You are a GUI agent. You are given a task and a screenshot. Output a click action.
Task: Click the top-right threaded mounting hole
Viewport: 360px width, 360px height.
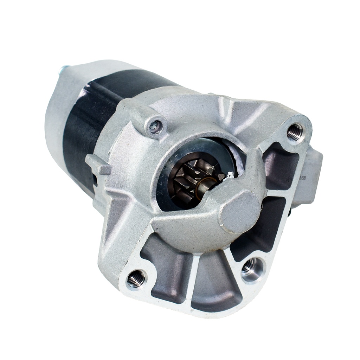click(x=295, y=132)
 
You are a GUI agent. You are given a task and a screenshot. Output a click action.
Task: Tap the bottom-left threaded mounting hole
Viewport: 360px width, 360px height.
click(x=136, y=279)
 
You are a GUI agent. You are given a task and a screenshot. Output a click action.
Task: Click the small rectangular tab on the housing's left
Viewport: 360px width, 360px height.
click(x=98, y=164)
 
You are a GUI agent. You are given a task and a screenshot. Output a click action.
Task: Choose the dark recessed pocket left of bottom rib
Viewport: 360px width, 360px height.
click(x=169, y=271)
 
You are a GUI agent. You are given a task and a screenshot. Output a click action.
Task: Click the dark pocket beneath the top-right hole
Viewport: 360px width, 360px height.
click(x=279, y=165)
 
